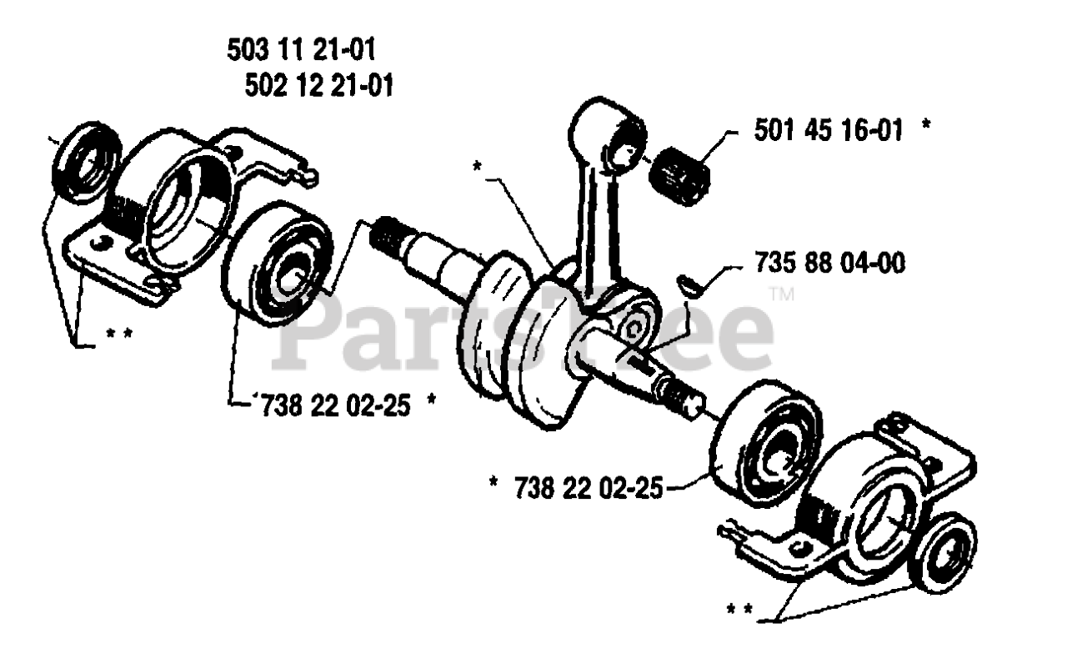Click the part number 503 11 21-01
click(x=301, y=51)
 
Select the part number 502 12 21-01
click(x=320, y=85)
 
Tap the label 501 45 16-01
click(x=829, y=130)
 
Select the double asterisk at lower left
click(x=119, y=335)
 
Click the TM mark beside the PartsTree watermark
click(x=781, y=293)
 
